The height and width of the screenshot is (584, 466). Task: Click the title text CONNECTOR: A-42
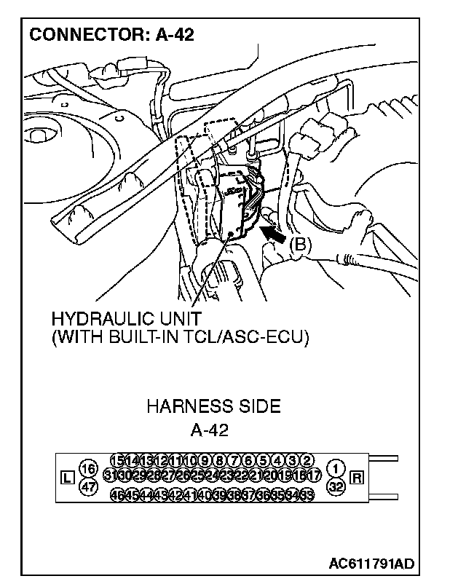111,34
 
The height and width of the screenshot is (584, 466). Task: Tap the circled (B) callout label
300,245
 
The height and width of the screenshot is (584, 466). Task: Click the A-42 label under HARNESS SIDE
210,430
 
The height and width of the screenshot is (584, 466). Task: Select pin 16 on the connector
88,467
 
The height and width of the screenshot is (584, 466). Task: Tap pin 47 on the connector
88,487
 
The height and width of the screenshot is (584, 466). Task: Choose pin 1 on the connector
336,467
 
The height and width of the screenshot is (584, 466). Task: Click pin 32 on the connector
336,487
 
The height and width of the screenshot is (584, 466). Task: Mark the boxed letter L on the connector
67,478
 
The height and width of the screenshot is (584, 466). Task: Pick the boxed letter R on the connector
357,478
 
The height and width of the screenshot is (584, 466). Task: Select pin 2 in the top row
307,460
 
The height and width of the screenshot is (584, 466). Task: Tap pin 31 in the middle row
111,476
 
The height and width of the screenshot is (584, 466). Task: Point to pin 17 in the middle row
315,476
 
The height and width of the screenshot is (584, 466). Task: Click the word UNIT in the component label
180,320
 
